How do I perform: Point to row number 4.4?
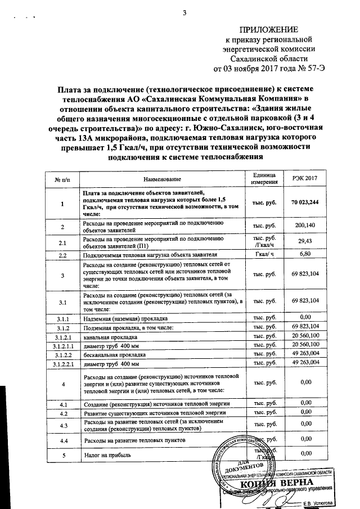[x=63, y=439]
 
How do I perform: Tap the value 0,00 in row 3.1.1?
[x=306, y=318]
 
